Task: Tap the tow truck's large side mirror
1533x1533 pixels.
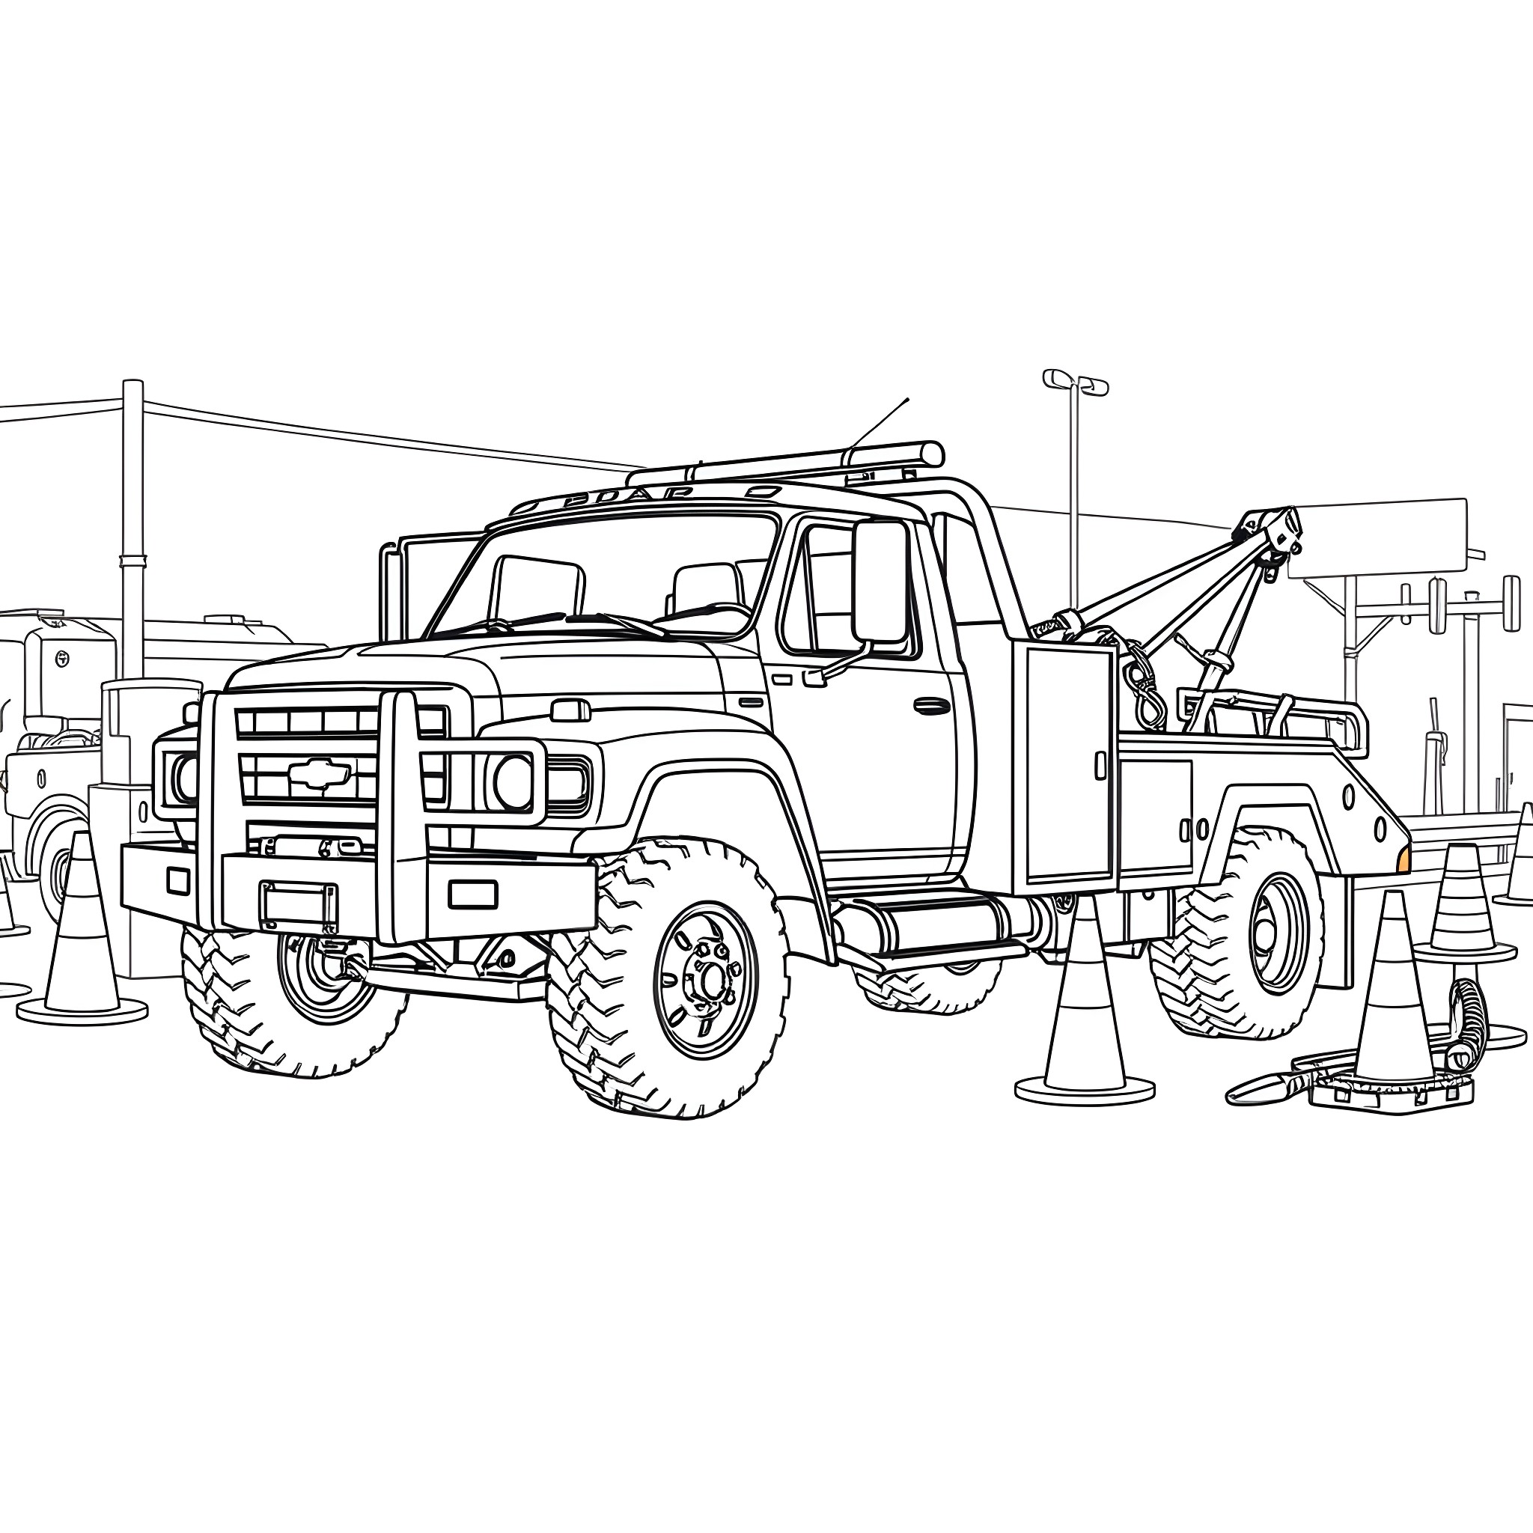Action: [x=880, y=582]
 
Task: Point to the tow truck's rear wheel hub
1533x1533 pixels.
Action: [x=1277, y=933]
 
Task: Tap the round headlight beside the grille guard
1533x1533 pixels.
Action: [x=513, y=781]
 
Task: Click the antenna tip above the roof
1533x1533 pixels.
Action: [x=907, y=399]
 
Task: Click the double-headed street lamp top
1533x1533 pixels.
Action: [x=1074, y=383]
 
